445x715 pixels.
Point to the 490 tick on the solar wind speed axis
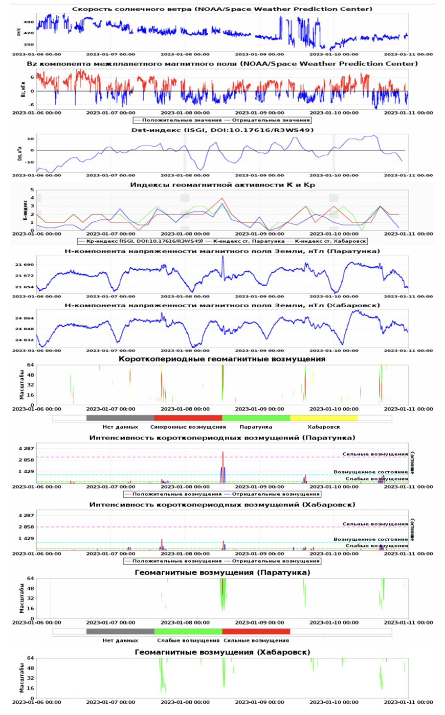tap(29, 22)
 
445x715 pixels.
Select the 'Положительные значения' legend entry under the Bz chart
tap(174, 120)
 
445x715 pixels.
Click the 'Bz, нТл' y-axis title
tap(23, 90)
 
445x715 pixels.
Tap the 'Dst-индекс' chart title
tap(222, 130)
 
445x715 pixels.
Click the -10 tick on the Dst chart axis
tap(31, 162)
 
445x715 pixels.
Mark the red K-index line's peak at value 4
tap(222, 198)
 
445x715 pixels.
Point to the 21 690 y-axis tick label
tap(25, 264)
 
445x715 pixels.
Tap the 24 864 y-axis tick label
tap(25, 318)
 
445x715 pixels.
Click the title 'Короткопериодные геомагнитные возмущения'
tap(222, 359)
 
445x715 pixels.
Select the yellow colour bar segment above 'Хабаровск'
tap(324, 418)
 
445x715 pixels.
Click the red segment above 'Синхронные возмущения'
tap(188, 418)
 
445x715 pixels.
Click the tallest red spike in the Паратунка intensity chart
tap(223, 452)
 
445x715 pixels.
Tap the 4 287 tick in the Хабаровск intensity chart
tap(26, 515)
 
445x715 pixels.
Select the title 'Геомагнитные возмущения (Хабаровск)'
tap(222, 652)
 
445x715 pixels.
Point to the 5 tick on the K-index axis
tap(33, 190)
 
